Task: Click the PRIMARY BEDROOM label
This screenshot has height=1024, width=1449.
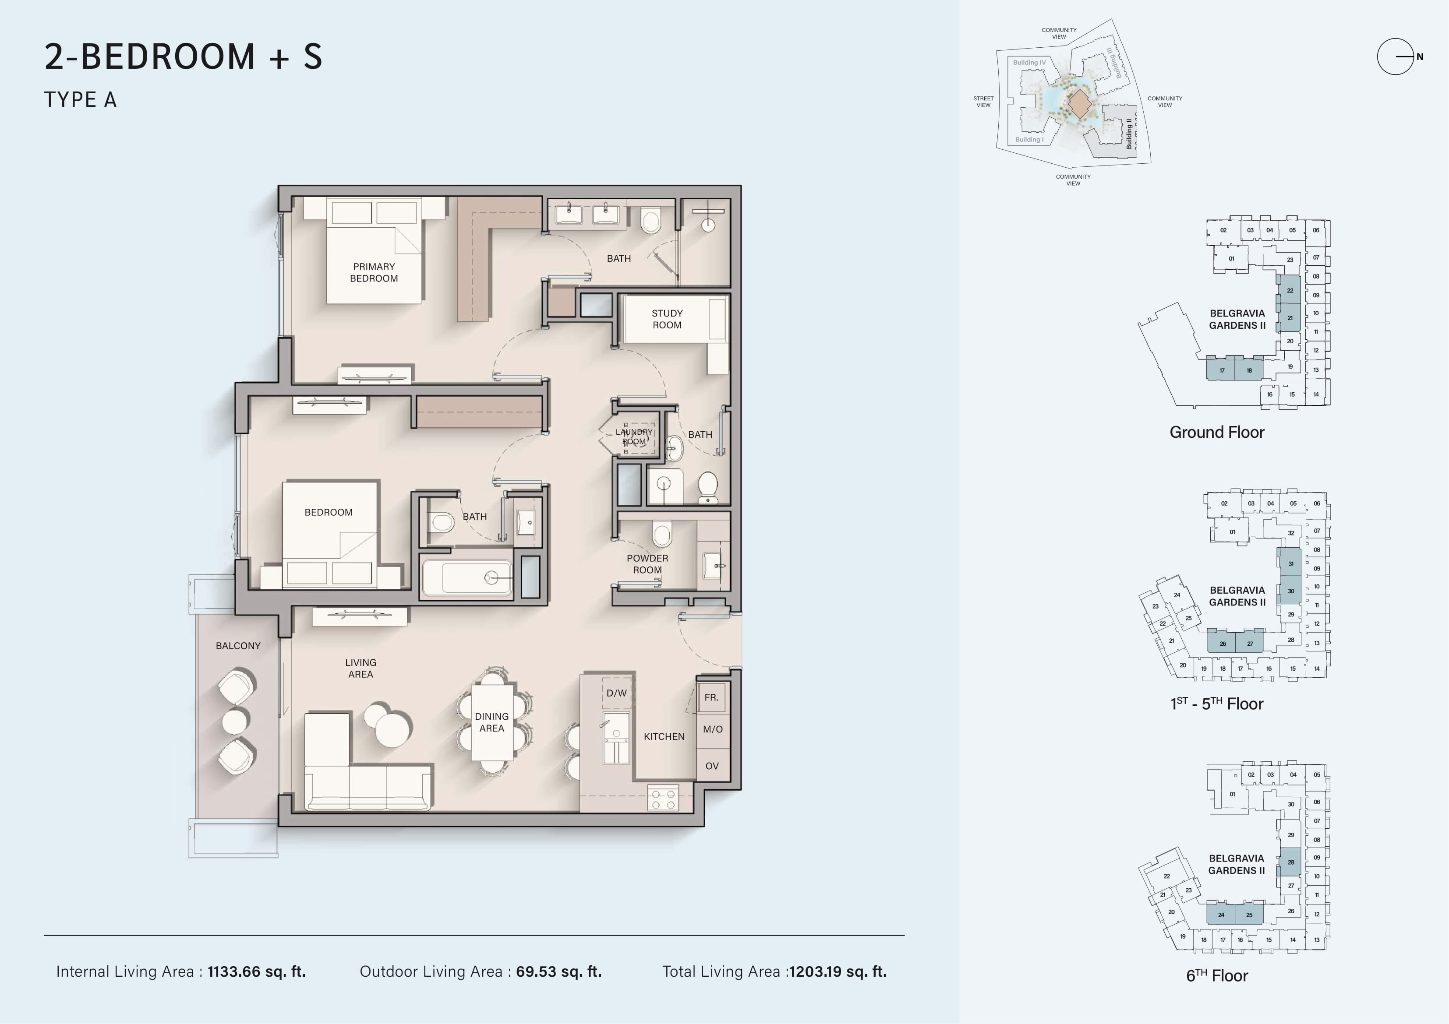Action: click(374, 273)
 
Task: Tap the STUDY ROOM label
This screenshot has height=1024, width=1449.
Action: click(667, 319)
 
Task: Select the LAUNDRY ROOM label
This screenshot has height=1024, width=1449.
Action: click(634, 436)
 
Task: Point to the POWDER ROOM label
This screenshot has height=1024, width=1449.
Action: click(647, 564)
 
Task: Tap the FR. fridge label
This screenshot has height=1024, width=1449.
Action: click(711, 697)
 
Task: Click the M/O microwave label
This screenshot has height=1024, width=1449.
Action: click(713, 729)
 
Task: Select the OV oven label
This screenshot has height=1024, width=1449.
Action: click(712, 766)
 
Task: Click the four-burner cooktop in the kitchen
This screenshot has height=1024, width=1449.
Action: click(663, 798)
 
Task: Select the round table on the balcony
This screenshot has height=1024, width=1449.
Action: click(235, 721)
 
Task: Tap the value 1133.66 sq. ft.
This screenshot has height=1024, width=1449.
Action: click(257, 971)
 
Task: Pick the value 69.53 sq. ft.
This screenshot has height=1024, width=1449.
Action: click(558, 971)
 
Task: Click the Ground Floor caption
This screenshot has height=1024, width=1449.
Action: click(1217, 432)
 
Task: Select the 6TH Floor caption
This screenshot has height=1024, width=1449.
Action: click(1217, 975)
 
